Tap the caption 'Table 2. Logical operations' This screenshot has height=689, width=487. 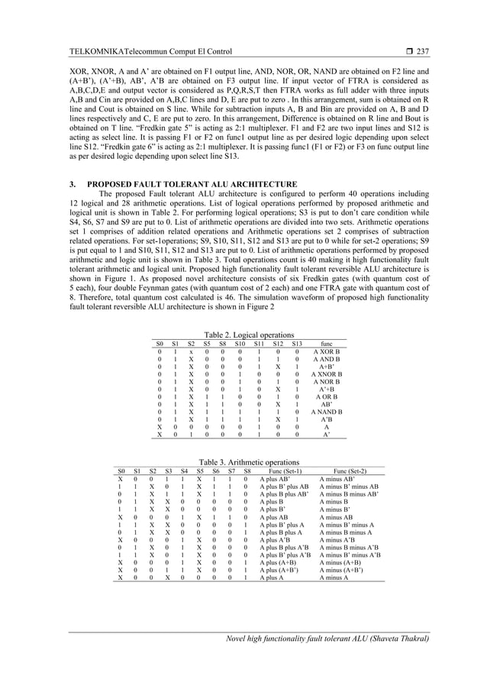point(243,335)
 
